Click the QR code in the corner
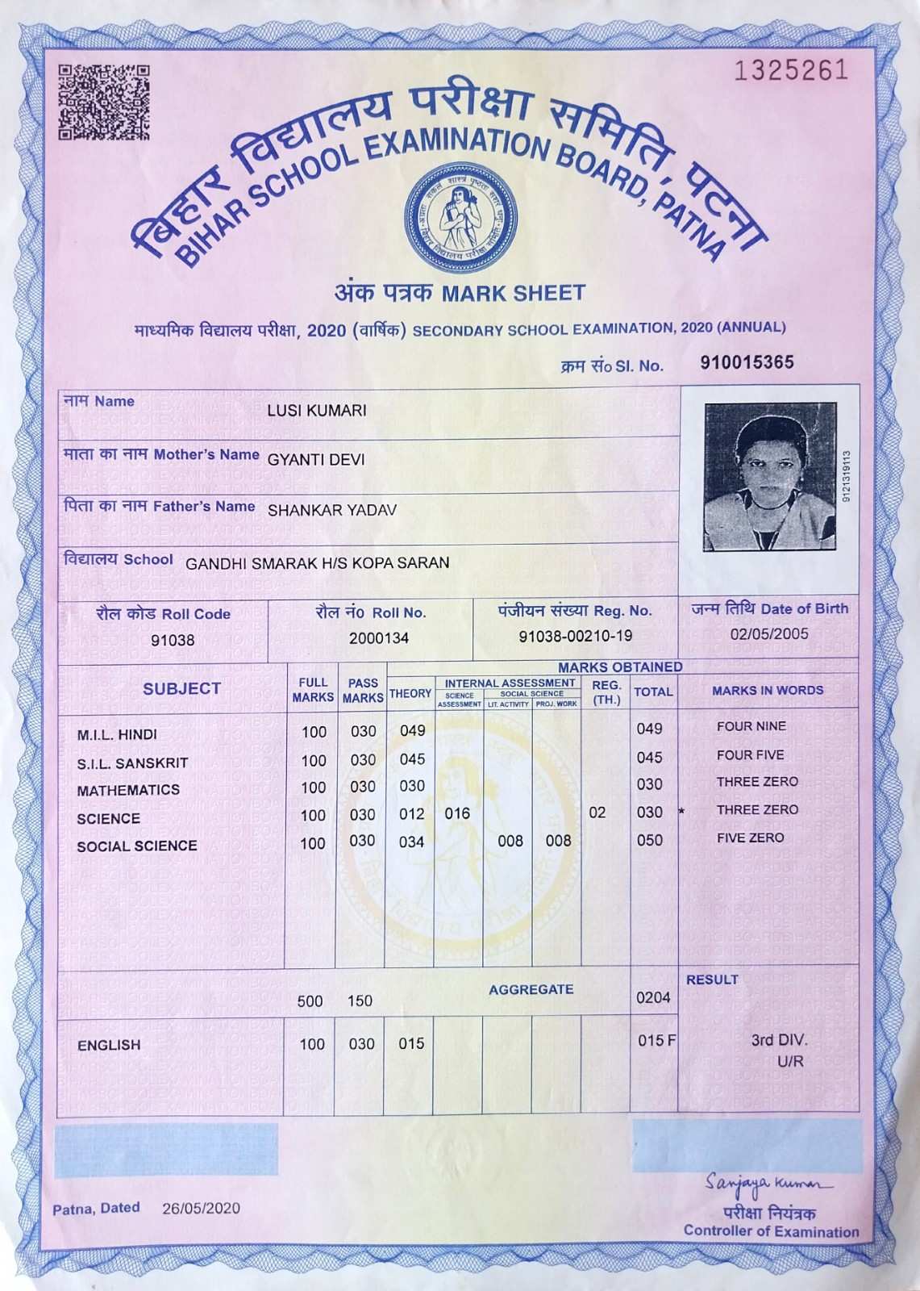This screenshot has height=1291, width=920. [x=104, y=102]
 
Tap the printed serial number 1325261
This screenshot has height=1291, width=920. [x=791, y=71]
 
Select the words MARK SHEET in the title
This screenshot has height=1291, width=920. [x=514, y=293]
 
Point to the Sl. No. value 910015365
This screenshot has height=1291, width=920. [x=747, y=362]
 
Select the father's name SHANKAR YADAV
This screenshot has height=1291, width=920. [x=332, y=511]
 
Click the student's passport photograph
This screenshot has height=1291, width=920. [x=769, y=477]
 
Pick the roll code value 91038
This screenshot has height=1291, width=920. [x=173, y=641]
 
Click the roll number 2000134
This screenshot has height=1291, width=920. [x=379, y=638]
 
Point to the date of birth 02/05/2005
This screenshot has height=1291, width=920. [x=769, y=634]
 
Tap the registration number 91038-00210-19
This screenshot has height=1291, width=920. [x=575, y=637]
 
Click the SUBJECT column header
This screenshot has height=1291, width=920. [x=181, y=688]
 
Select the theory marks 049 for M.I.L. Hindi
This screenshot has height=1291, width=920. [x=412, y=731]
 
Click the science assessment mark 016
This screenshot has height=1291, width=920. [x=457, y=813]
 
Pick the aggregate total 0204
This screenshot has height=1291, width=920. [x=653, y=998]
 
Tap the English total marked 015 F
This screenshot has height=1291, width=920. [x=656, y=1041]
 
